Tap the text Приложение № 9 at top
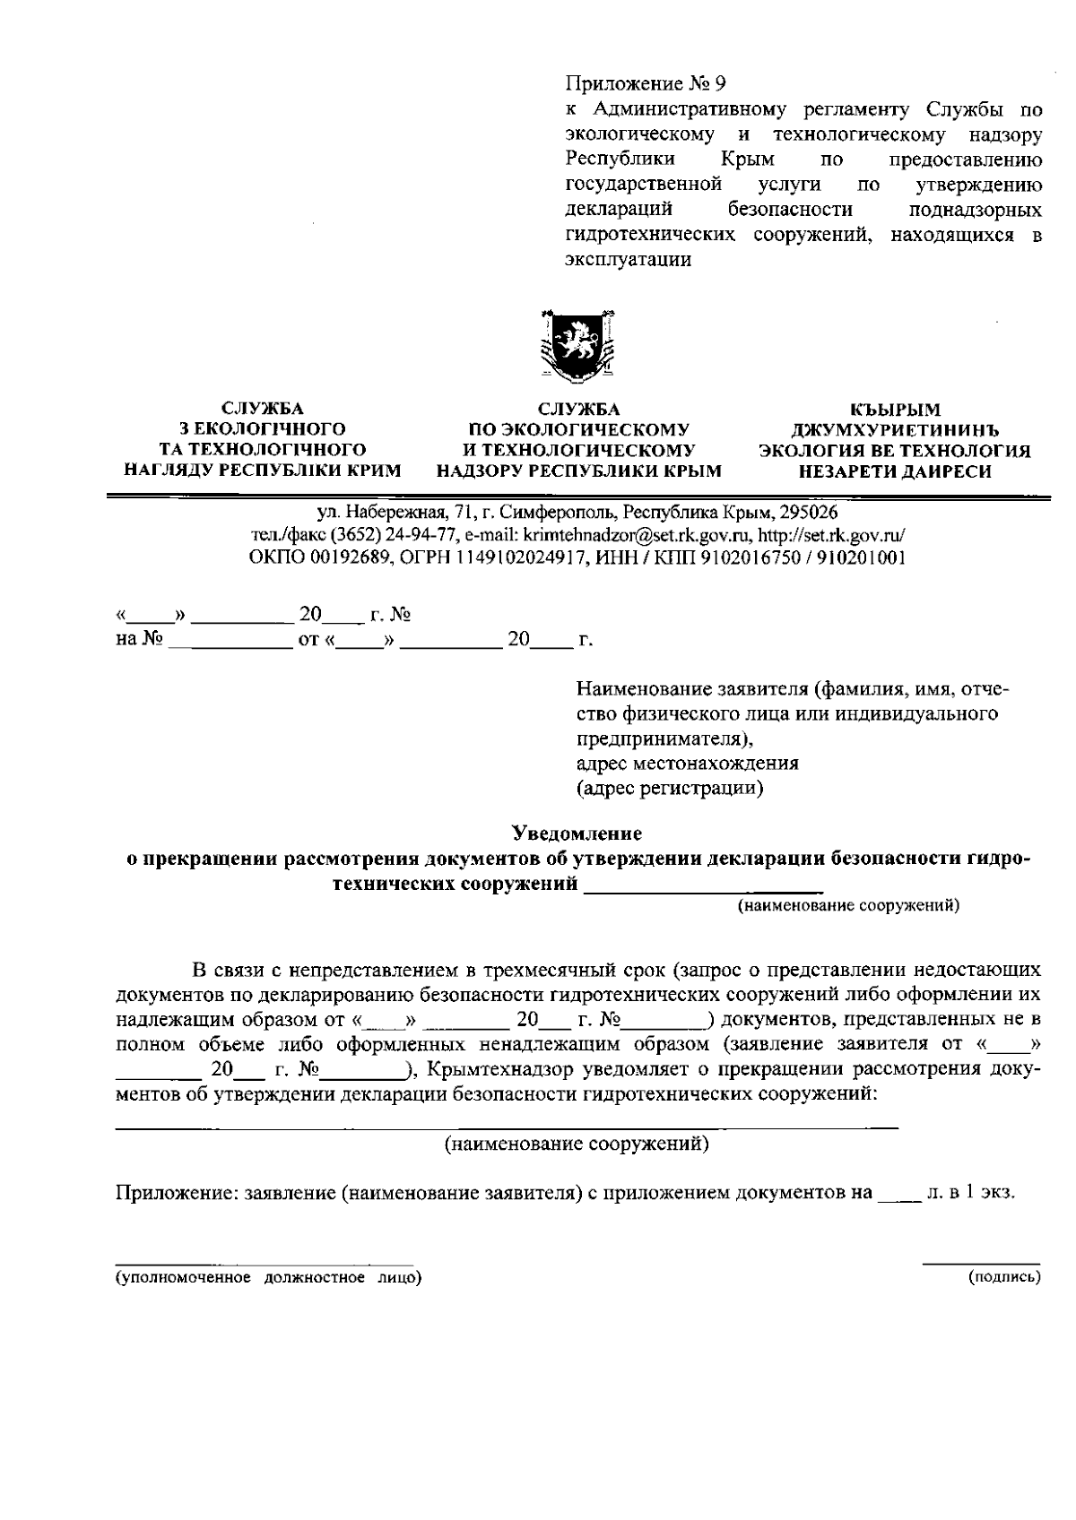pyautogui.click(x=645, y=84)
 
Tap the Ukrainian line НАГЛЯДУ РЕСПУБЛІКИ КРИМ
pyautogui.click(x=262, y=470)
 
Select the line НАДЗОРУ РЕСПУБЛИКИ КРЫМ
pyautogui.click(x=578, y=470)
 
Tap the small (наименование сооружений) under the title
pyautogui.click(x=847, y=906)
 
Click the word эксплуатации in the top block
pyautogui.click(x=629, y=260)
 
